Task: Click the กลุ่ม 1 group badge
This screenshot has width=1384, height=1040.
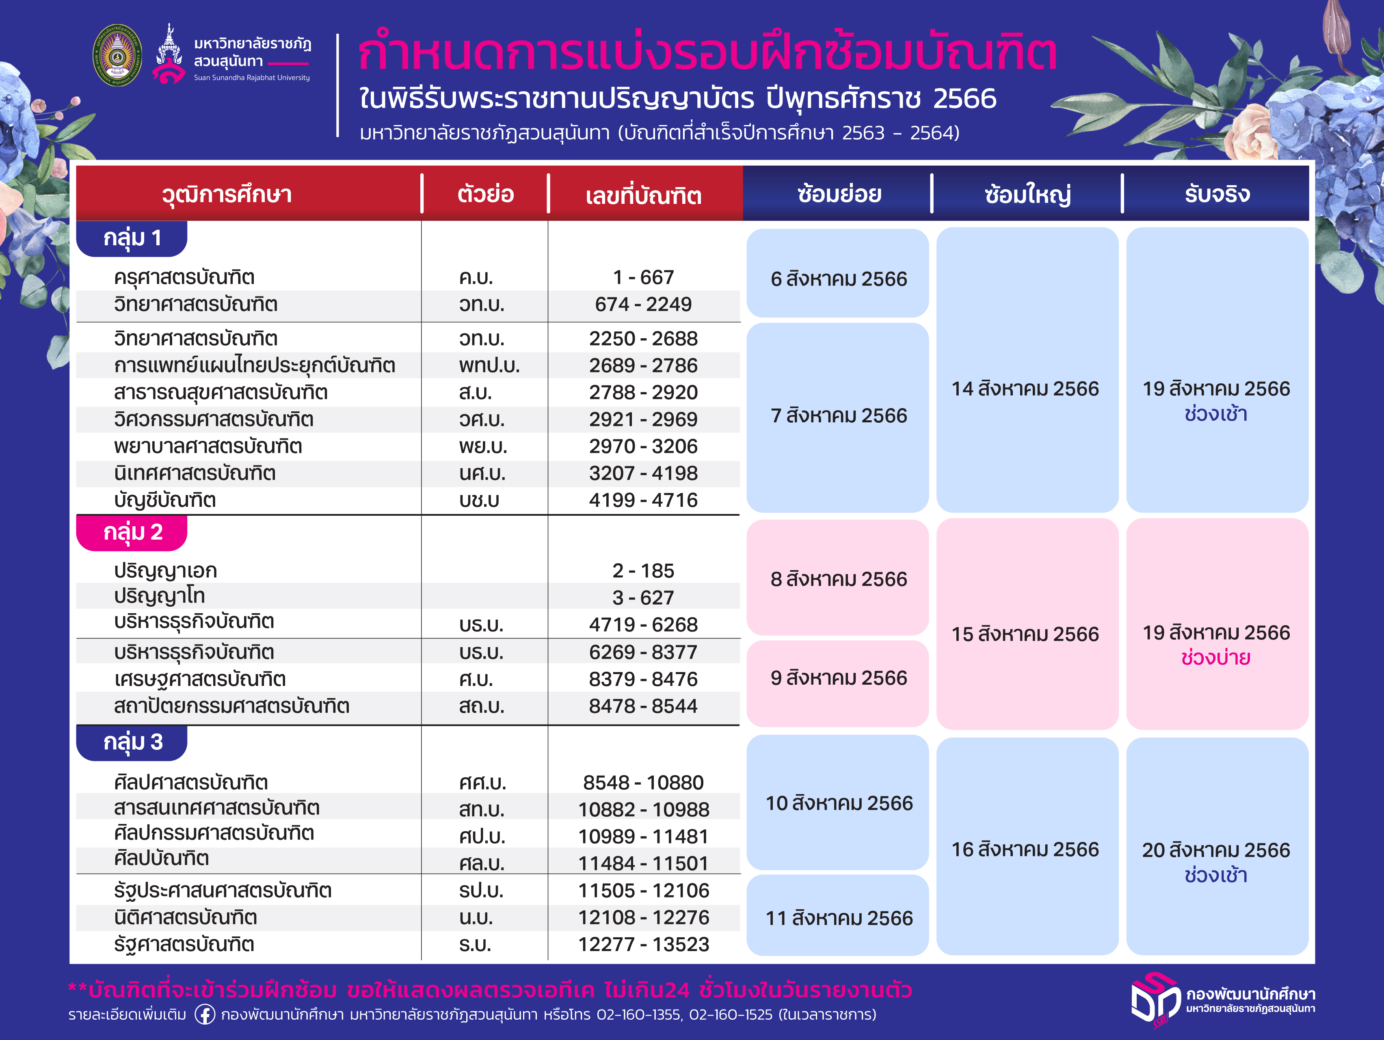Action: tap(132, 238)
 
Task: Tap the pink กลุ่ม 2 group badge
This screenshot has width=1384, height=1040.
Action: tap(132, 532)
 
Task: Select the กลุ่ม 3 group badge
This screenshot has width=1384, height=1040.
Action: tap(132, 743)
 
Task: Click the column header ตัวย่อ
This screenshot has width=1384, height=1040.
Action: tap(486, 194)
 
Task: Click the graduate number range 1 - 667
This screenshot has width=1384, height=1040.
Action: tap(643, 277)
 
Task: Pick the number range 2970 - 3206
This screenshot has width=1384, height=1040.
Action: tap(643, 446)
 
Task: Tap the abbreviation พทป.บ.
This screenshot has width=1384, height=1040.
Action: tap(489, 365)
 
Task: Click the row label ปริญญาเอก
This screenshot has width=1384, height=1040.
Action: tap(166, 571)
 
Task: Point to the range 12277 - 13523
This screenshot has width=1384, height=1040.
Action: tap(643, 944)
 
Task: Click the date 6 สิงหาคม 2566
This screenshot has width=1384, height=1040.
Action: tap(839, 279)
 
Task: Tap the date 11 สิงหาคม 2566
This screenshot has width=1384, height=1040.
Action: tap(839, 918)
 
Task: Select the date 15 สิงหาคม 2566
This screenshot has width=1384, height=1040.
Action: tap(1025, 634)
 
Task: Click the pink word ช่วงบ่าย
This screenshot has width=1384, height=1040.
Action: tap(1216, 658)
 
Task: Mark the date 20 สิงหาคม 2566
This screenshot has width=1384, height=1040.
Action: tap(1216, 850)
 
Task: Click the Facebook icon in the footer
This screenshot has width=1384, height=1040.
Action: tap(205, 1014)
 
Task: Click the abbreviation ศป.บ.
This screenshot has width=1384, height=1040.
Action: tap(482, 837)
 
